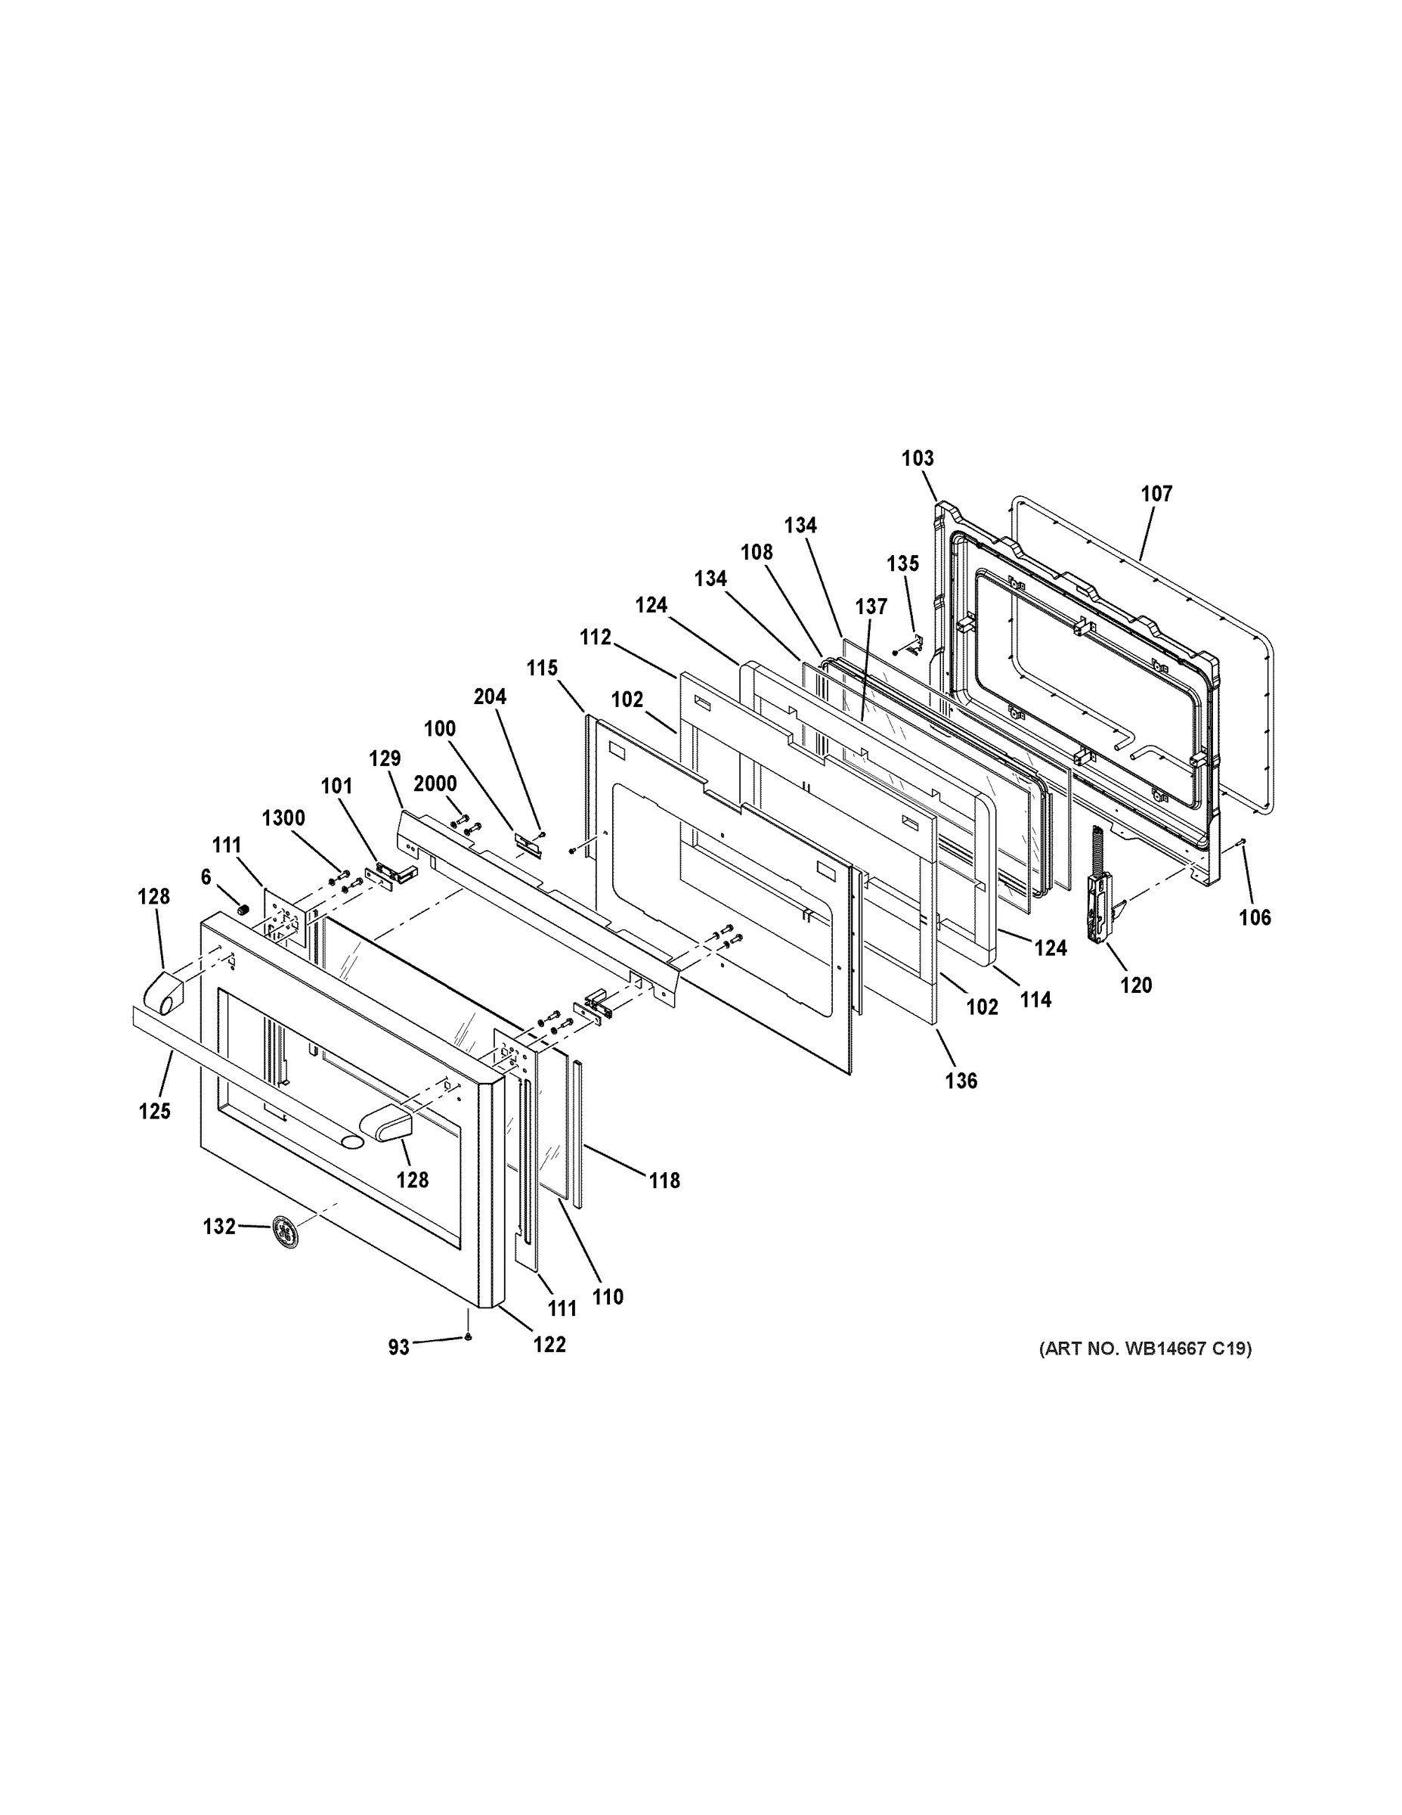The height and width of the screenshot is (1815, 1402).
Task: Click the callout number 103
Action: point(918,458)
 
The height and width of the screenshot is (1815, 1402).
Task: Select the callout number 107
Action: point(1156,494)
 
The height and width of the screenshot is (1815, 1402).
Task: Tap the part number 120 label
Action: point(1135,985)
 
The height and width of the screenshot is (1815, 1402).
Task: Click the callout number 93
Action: point(398,1348)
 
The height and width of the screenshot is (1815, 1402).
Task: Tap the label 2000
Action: point(435,784)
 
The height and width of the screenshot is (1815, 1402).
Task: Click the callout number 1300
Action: point(283,818)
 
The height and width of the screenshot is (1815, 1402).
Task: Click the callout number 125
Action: point(154,1111)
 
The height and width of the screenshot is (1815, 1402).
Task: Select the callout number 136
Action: point(961,1081)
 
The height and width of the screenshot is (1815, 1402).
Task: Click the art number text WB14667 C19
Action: point(1145,1349)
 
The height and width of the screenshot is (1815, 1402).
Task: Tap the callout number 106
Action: point(1255,917)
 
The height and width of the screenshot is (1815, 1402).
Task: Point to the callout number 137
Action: point(871,607)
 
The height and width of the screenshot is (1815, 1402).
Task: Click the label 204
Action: point(490,697)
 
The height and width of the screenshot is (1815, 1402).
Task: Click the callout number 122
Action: point(549,1345)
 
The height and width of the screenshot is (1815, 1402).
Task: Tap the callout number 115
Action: point(542,669)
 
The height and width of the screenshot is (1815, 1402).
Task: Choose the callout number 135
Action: point(903,563)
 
